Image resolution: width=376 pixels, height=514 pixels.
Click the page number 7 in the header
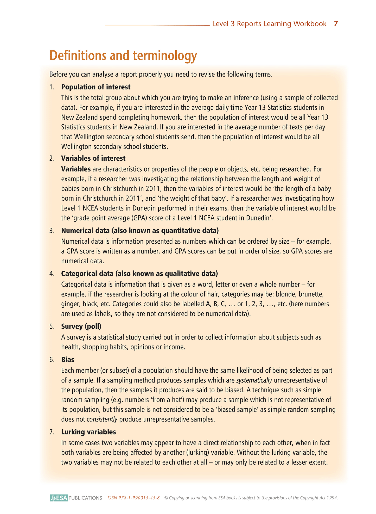pos(336,24)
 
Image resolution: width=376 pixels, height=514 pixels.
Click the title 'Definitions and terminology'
pos(123,56)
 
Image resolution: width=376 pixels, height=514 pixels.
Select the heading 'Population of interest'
pos(96,87)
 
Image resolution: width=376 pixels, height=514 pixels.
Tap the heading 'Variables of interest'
pos(93,158)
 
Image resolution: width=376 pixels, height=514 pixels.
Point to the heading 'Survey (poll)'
pos(81,326)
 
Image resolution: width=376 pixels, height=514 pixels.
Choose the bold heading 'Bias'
pos(68,360)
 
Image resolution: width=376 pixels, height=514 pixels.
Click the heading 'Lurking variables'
pos(88,432)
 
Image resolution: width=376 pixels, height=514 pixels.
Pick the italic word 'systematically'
pos(254,380)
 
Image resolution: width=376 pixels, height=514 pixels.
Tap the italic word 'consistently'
pos(102,419)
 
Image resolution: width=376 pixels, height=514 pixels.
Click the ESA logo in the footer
pos(59,498)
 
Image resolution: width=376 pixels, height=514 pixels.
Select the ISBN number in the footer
pos(133,498)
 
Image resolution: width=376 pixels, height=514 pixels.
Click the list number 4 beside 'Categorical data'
pos(52,274)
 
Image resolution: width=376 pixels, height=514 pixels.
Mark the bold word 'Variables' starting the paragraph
pos(76,169)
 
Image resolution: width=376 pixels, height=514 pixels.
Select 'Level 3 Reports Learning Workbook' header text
pos(269,24)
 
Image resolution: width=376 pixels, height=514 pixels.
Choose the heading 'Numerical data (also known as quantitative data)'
pos(140,231)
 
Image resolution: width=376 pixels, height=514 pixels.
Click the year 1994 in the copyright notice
pos(332,498)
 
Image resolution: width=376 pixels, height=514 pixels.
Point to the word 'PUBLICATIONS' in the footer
pos(85,498)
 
